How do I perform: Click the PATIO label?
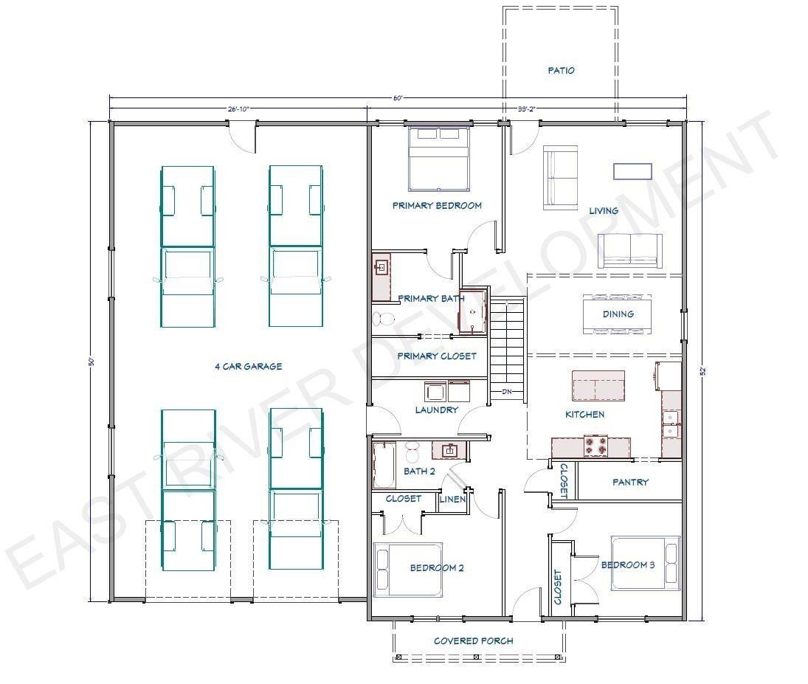(561, 70)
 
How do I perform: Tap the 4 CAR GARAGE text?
(249, 367)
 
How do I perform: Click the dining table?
(618, 314)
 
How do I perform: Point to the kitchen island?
(598, 385)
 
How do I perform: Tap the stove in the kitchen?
(595, 446)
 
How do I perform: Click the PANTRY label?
(630, 482)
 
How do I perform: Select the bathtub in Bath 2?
(384, 465)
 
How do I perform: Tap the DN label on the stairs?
(507, 392)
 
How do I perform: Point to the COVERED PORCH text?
(474, 640)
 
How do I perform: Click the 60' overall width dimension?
(398, 98)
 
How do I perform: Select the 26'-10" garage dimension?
(238, 108)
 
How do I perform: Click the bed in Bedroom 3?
(645, 563)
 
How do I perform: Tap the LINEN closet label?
(452, 499)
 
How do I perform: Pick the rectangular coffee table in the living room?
(632, 171)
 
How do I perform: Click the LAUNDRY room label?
(436, 410)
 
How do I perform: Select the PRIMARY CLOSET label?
(437, 356)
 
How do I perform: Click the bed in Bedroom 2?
(407, 570)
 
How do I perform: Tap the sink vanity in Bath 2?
(450, 451)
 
